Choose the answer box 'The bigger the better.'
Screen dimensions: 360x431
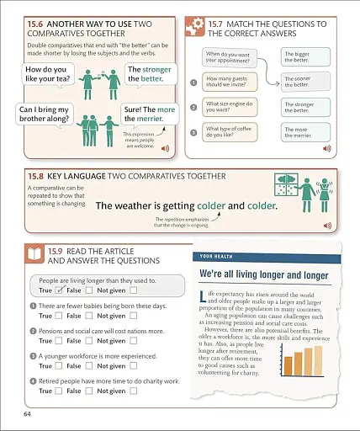point(300,57)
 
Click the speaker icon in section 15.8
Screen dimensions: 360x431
point(327,226)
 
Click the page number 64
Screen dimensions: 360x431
point(28,413)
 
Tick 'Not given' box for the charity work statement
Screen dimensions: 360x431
point(132,391)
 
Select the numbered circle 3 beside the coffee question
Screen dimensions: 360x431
point(194,133)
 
